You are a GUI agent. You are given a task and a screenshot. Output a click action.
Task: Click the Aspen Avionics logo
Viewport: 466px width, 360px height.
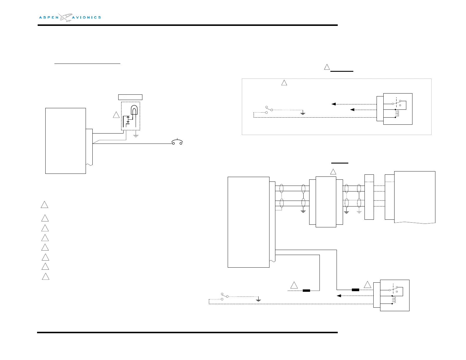point(70,17)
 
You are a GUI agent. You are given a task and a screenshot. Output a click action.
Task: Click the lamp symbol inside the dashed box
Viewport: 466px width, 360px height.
point(134,110)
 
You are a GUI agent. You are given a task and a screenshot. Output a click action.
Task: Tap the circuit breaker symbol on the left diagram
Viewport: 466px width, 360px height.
point(177,142)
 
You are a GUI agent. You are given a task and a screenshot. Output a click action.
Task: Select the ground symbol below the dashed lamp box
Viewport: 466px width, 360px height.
point(136,136)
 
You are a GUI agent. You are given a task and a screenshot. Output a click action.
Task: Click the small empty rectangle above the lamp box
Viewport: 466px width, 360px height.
point(130,97)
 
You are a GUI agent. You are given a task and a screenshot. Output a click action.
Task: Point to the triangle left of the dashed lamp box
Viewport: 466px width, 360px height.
point(116,115)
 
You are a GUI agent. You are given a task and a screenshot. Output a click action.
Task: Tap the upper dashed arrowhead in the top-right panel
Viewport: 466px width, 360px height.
point(334,104)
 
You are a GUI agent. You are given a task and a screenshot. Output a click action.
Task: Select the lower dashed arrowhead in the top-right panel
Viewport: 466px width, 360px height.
point(352,110)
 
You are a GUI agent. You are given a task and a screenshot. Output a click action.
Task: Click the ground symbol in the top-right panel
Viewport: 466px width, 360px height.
point(303,113)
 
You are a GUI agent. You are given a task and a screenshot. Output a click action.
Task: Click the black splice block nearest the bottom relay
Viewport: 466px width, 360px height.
point(355,290)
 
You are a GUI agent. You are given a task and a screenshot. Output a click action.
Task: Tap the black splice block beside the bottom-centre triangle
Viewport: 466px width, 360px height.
point(306,291)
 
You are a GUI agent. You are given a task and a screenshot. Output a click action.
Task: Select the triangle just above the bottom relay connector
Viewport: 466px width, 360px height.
point(367,285)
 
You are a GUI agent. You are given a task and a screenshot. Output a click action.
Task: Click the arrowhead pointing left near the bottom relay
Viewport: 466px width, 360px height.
point(339,296)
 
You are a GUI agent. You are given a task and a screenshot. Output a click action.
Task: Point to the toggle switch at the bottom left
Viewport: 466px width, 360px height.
point(224,296)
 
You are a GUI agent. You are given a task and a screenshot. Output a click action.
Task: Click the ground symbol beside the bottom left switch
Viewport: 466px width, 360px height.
point(258,299)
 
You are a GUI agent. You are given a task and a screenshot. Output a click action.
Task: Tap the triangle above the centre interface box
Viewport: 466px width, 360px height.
point(333,172)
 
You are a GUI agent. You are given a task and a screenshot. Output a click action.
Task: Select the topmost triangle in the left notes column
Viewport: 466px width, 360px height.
point(44,205)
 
